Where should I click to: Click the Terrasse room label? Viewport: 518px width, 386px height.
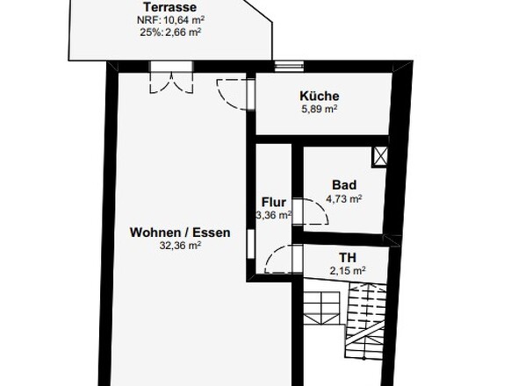point(169,7)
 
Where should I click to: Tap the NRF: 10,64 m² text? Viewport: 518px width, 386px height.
point(170,20)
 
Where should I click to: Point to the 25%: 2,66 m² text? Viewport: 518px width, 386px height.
point(170,32)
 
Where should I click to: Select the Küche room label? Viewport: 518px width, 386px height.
point(319,96)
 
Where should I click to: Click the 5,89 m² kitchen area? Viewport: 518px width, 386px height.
point(319,109)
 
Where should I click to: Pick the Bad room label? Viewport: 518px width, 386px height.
point(344,185)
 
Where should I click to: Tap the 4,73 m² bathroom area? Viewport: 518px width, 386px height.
point(344,199)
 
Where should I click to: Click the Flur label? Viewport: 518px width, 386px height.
point(274,202)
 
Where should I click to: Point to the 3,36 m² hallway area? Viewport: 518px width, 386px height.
point(274,215)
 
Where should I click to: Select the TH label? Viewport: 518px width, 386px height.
point(348,257)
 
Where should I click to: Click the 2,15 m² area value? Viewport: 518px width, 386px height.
point(348,271)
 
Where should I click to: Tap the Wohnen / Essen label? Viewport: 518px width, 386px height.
point(180,232)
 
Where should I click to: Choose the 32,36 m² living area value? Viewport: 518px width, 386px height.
point(180,246)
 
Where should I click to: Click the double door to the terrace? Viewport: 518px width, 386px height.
point(171,77)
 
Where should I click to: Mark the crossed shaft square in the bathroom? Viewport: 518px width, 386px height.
point(380,156)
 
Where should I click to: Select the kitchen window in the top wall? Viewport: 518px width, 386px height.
point(289,67)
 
